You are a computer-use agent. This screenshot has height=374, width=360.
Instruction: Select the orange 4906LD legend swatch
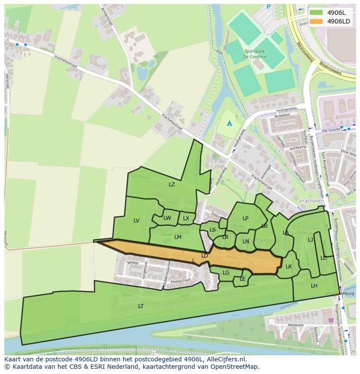point(316,21)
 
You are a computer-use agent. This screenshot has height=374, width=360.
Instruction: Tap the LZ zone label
point(172,185)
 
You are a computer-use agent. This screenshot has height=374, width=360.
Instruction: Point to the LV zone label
point(137,221)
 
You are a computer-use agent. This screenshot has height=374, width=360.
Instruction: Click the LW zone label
point(167,218)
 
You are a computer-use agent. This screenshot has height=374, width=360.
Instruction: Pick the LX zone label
point(186,218)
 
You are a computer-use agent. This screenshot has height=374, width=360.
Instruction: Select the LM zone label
point(178,237)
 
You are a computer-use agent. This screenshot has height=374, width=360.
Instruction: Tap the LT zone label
point(141,306)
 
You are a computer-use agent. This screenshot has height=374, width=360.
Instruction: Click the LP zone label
point(245,218)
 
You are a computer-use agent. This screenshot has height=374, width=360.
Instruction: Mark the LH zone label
point(314,286)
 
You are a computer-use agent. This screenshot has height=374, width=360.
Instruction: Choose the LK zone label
point(289,267)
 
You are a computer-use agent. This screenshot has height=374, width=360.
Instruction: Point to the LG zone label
point(226,273)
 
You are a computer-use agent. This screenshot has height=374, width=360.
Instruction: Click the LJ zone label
point(310,240)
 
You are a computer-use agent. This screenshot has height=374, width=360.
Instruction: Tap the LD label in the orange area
point(204,256)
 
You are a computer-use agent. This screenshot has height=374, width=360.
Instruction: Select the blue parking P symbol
point(268,7)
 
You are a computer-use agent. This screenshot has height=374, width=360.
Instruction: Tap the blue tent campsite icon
point(230,123)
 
